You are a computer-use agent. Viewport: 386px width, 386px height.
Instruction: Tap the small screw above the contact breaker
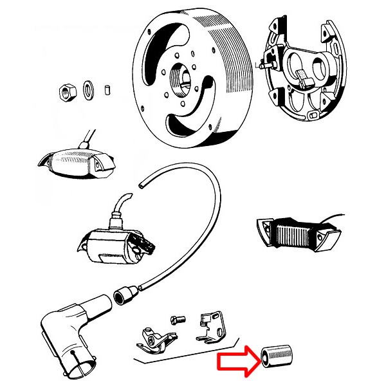click(x=178, y=318)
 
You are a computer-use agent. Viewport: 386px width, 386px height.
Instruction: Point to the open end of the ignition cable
click(x=140, y=186)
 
